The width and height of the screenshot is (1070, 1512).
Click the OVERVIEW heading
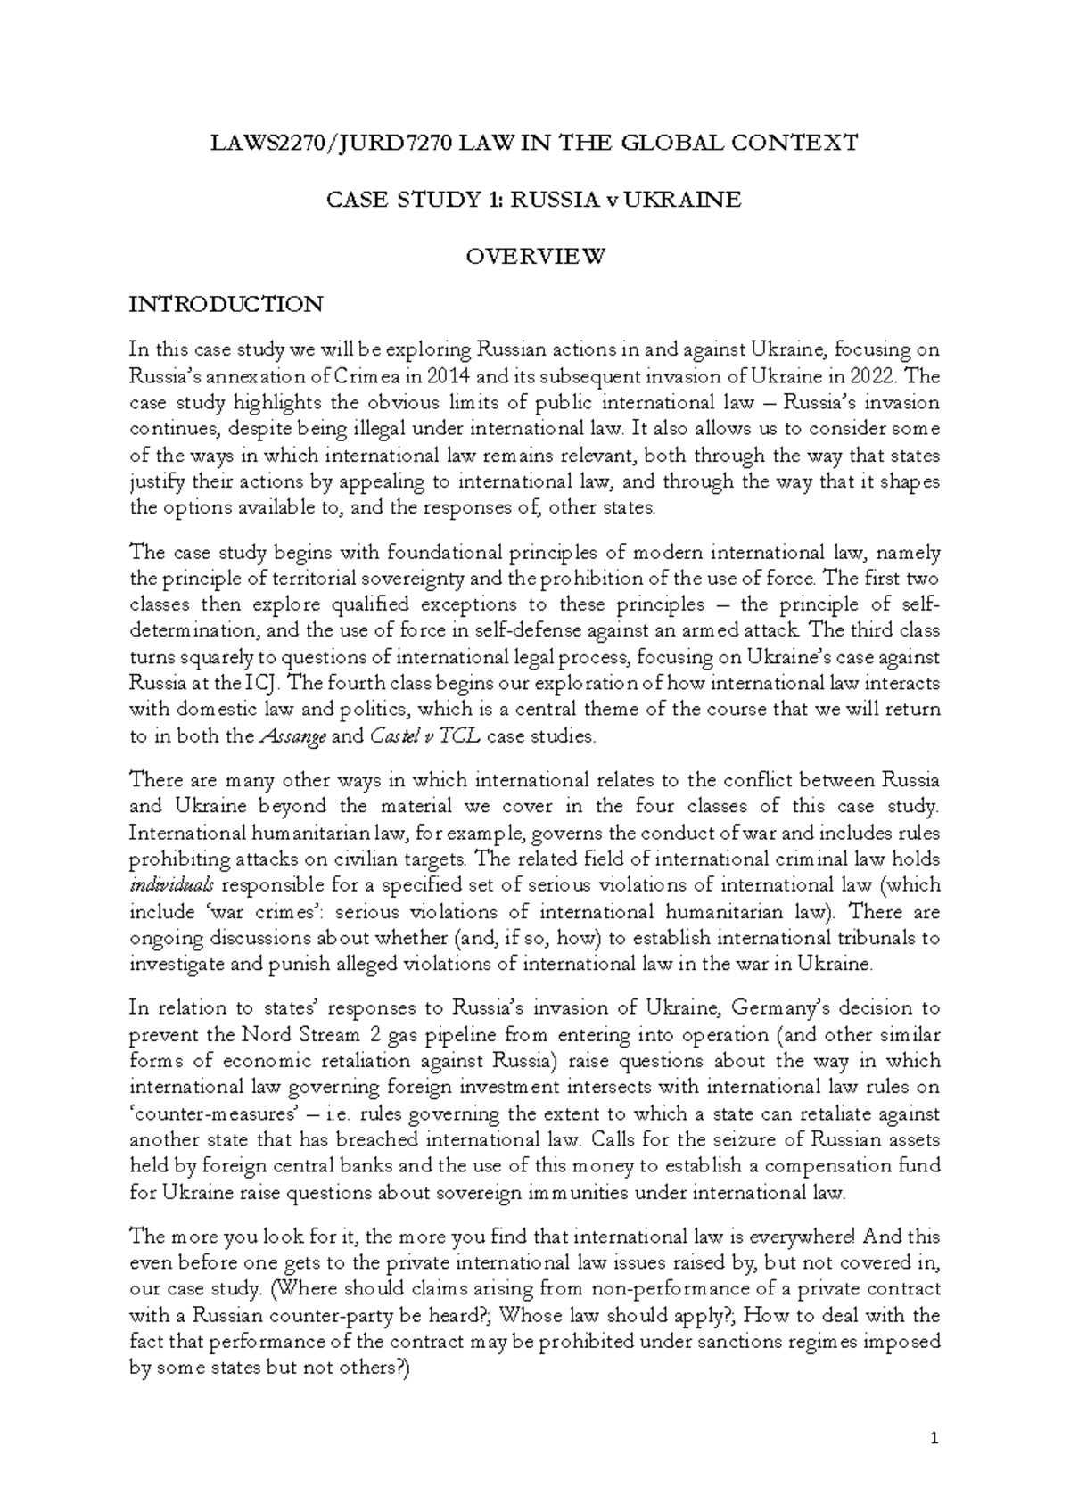536,257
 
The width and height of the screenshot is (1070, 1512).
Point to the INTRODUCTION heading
226,305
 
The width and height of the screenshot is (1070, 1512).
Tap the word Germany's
778,1009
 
